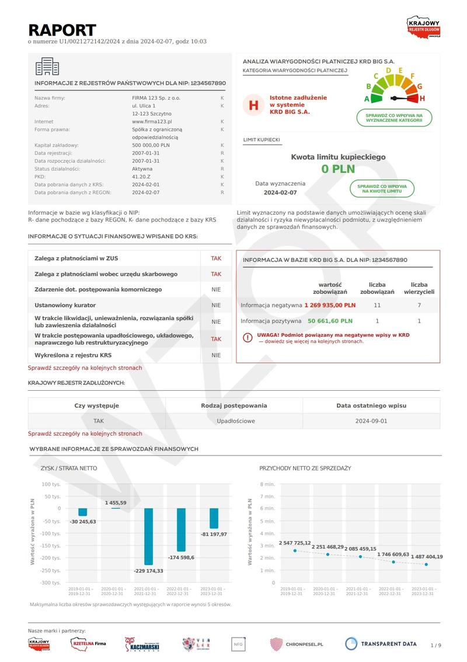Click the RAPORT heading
(x=62, y=30)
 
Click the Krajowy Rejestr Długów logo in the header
(x=423, y=27)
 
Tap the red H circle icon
(x=253, y=105)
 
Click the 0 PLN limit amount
(x=338, y=169)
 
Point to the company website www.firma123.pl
(x=151, y=121)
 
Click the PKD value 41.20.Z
(x=142, y=176)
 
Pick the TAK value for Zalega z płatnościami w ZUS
(x=216, y=258)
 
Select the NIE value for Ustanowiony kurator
(x=216, y=305)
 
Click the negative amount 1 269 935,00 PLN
(x=330, y=305)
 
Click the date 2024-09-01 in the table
(x=371, y=421)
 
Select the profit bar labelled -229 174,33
(x=148, y=537)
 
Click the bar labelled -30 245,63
(x=83, y=512)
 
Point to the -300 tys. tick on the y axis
(x=51, y=583)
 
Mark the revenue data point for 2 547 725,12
(x=295, y=551)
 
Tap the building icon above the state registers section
(x=47, y=66)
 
